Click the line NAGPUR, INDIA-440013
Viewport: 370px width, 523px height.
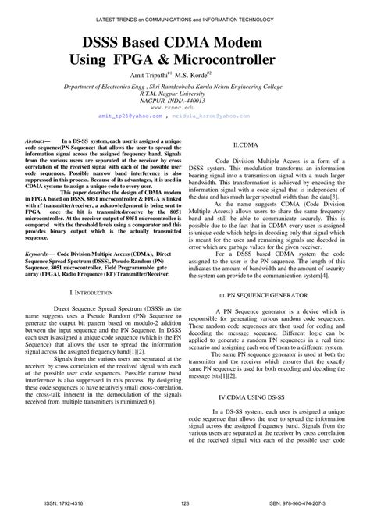(x=185, y=101)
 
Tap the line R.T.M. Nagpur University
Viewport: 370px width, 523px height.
(x=185, y=94)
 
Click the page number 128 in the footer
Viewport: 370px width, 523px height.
(x=185, y=505)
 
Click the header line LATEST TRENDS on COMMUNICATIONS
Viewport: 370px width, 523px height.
(x=185, y=8)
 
